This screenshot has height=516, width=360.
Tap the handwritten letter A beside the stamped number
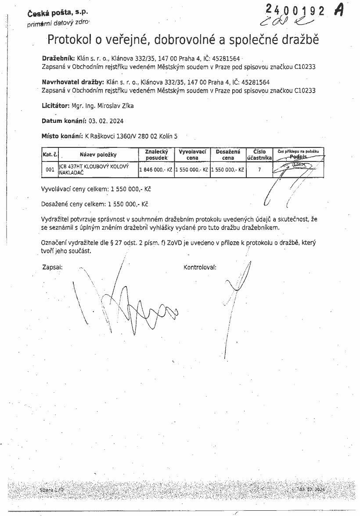(x=339, y=11)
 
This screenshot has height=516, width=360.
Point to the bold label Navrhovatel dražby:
(x=72, y=82)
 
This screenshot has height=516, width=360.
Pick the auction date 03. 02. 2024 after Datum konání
(x=105, y=121)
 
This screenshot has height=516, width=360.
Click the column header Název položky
(x=98, y=154)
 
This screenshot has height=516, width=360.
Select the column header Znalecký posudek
(x=156, y=154)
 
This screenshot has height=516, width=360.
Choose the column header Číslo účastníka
(x=259, y=154)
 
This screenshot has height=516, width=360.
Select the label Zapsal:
(x=52, y=267)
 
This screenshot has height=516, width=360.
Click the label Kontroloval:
(x=200, y=267)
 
